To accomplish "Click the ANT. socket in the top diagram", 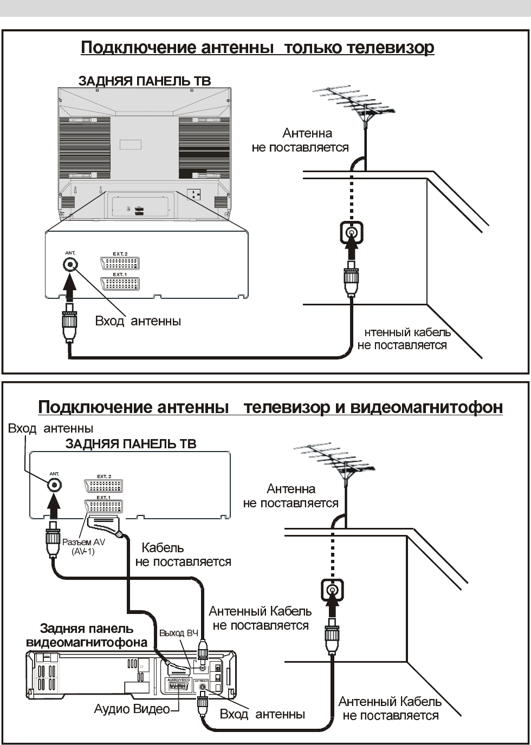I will (70, 264).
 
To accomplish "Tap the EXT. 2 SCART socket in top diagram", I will (120, 264).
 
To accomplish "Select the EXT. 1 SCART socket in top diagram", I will (120, 284).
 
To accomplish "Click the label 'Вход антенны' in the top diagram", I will (138, 321).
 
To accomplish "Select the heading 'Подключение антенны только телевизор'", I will (257, 48).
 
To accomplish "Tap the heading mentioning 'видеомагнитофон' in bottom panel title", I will (270, 407).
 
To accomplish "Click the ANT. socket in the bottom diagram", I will (54, 485).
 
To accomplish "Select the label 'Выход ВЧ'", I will (179, 633).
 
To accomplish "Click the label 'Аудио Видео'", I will (132, 709).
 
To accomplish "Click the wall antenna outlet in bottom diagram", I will (331, 590).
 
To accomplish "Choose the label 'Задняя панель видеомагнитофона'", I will (87, 636).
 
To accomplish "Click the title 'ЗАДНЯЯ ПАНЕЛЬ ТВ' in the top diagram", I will (145, 81).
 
